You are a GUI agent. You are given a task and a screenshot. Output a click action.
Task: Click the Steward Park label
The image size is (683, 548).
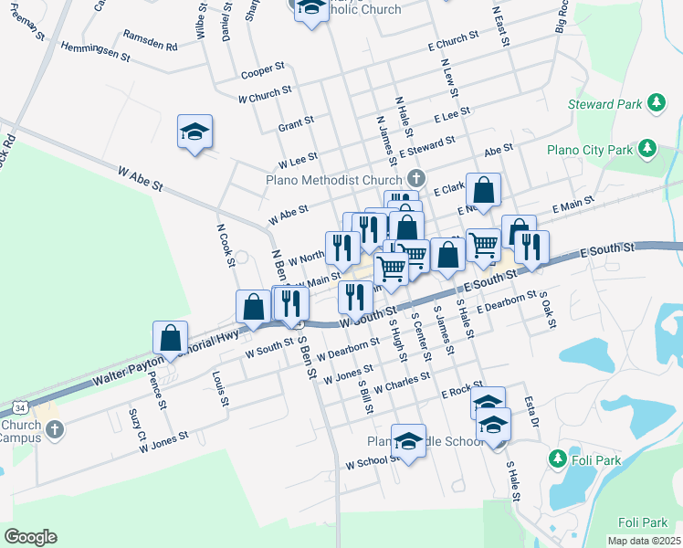604,104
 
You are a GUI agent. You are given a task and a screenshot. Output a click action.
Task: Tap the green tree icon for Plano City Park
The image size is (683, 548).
646,147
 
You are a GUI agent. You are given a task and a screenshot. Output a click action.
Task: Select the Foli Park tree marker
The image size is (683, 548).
555,457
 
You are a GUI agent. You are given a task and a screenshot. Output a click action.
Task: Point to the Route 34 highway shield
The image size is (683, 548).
20,404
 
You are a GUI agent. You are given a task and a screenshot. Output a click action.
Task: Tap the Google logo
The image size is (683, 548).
30,537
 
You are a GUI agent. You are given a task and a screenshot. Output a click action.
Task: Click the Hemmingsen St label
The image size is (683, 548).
96,50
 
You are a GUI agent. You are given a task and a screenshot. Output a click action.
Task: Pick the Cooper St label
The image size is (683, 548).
257,73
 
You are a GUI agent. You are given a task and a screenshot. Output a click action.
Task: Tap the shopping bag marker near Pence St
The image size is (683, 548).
171,339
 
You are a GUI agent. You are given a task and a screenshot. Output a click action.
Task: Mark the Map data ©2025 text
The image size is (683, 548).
644,541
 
